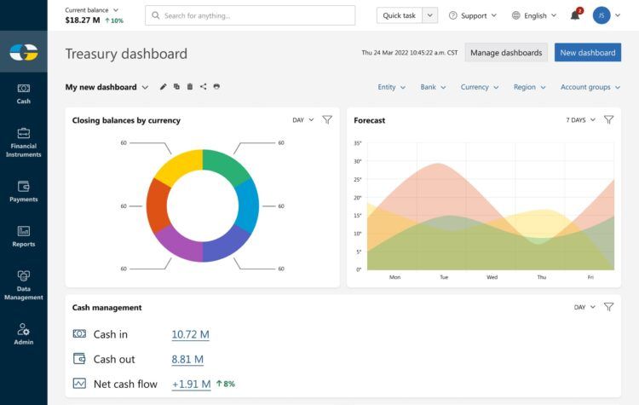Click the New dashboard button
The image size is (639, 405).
coord(587,53)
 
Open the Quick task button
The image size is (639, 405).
coord(399,15)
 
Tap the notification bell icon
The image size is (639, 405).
coord(575,15)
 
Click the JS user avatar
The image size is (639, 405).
coord(602,15)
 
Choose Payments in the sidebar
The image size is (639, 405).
coord(24,191)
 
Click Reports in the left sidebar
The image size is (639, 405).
coord(24,236)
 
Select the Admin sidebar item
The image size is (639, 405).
coord(24,334)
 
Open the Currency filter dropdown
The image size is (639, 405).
coord(480,87)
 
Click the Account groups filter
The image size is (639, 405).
coord(590,87)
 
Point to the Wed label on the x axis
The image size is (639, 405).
coord(492,277)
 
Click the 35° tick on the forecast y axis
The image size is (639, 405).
coord(358,143)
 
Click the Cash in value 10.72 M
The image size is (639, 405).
coord(190,334)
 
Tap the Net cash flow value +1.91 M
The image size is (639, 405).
coord(191,384)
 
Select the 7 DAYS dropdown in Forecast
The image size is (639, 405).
coord(581,120)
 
